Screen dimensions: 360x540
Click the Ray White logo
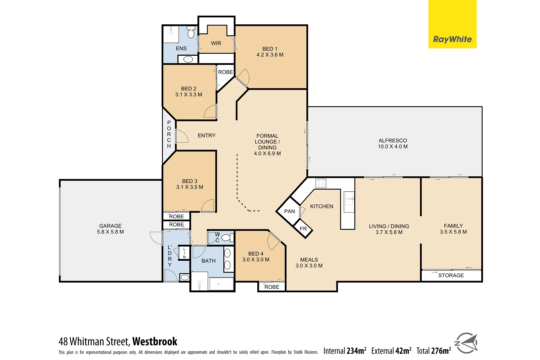(452, 39)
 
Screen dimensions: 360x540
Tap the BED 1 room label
(270, 52)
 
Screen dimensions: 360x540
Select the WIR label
(216, 43)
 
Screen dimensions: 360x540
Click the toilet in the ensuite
(191, 33)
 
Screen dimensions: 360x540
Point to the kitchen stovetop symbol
(321, 183)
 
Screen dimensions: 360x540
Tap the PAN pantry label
(289, 211)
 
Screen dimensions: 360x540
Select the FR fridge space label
(303, 229)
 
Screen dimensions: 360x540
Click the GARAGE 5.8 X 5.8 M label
(110, 229)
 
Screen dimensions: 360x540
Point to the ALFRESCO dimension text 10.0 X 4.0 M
(393, 146)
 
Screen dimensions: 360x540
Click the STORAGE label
(451, 275)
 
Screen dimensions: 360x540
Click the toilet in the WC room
(227, 238)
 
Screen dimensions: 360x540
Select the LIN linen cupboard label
(184, 253)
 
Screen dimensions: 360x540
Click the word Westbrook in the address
(155, 341)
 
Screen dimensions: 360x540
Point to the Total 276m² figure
(433, 351)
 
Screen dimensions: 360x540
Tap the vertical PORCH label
(169, 134)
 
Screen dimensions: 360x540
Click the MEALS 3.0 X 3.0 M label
(309, 263)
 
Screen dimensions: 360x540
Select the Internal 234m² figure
(345, 351)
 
